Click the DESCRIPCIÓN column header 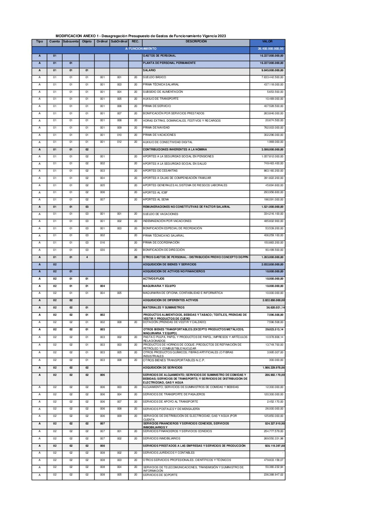tap(196, 41)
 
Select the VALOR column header tap(267, 41)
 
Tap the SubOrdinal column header tap(119, 41)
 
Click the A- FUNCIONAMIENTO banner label tap(141, 49)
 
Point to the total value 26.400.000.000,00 tap(271, 49)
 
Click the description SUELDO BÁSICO tap(154, 77)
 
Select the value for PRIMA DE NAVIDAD tap(273, 128)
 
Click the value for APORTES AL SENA tap(273, 200)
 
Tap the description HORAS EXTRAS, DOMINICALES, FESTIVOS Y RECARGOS tap(182, 121)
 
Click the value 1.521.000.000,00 tap(272, 207)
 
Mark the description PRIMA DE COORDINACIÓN tap(161, 243)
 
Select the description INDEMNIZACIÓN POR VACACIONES tap(167, 221)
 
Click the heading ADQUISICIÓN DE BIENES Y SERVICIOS tap(169, 264)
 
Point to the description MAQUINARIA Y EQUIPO tap(159, 286)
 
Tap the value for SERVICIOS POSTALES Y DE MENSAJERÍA tap(274, 409)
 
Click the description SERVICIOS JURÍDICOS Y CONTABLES tap(169, 453)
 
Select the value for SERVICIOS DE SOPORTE tap(273, 474)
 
